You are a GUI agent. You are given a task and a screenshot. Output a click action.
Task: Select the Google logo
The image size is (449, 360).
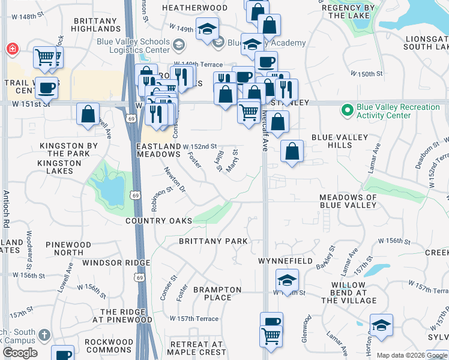(20, 353)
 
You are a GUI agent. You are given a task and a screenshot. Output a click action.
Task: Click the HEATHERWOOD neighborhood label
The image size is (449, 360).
(195, 8)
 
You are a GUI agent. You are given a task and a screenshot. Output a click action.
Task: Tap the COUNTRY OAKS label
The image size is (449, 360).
(159, 221)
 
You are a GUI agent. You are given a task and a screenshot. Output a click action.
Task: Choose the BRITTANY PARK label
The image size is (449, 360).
(213, 241)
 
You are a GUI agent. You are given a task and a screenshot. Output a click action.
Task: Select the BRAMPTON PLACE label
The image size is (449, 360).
(217, 293)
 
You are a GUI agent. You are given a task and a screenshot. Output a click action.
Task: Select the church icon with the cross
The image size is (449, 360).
(44, 335)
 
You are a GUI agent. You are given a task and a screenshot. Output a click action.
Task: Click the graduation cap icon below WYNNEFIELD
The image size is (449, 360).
(287, 280)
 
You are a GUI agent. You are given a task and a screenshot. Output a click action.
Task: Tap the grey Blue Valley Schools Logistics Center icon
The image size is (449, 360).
(178, 44)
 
